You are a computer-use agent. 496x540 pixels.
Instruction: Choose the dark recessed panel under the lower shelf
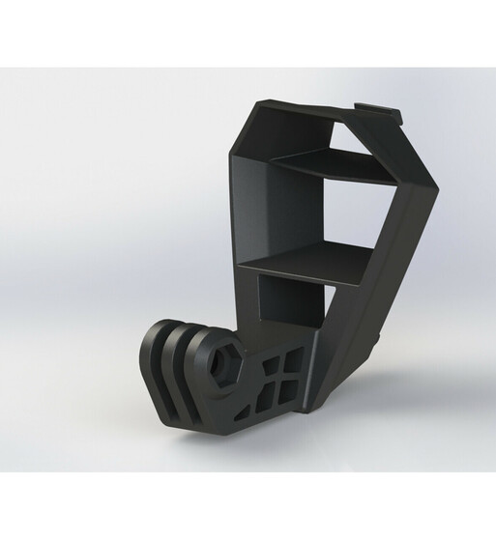click(x=290, y=299)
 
